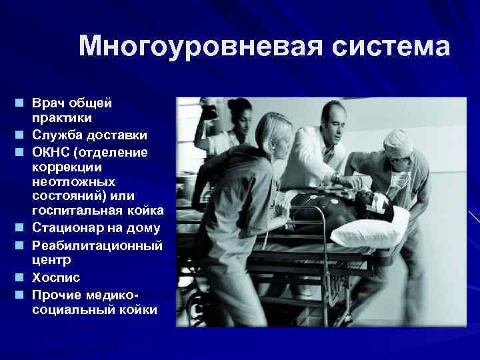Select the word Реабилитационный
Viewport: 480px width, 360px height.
pos(97,245)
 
